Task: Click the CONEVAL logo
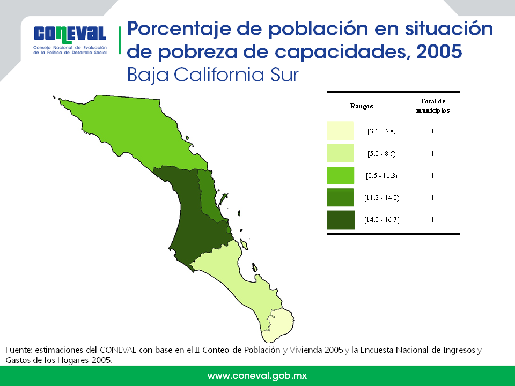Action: point(70,39)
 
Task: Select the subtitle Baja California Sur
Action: point(212,75)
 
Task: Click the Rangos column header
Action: point(362,106)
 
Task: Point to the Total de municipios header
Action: point(432,106)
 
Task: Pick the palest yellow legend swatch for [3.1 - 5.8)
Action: point(340,131)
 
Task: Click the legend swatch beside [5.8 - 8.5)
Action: point(340,153)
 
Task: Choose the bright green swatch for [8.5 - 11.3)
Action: point(340,175)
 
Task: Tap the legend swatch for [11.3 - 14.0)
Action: point(340,197)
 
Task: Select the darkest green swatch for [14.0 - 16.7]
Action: point(340,219)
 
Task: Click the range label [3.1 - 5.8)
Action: point(381,131)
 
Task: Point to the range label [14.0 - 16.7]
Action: point(381,220)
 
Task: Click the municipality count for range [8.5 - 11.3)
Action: point(432,176)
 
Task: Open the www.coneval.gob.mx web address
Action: point(257,376)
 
